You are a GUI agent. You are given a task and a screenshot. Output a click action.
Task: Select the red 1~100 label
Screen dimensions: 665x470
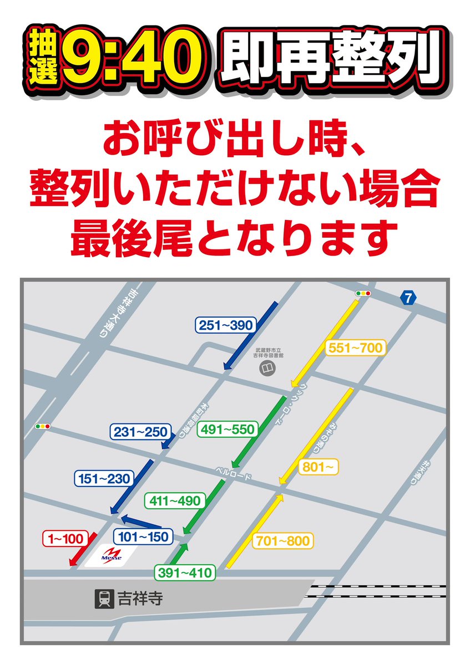(x=65, y=538)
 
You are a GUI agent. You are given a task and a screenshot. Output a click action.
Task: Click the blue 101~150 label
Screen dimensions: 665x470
(x=143, y=536)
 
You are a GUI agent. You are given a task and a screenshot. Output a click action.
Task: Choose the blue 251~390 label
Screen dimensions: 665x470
(x=225, y=325)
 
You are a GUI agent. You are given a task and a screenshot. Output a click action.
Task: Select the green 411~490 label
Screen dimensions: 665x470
(x=175, y=501)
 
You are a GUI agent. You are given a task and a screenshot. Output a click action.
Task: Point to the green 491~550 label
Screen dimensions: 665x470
(x=228, y=429)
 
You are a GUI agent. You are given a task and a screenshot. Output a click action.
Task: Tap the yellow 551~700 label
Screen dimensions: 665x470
(x=355, y=348)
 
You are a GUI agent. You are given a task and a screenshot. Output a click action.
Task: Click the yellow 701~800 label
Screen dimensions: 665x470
(x=283, y=540)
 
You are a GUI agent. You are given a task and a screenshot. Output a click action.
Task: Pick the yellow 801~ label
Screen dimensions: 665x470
(x=319, y=467)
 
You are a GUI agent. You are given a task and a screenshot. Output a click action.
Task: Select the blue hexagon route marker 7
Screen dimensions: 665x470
(x=408, y=299)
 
